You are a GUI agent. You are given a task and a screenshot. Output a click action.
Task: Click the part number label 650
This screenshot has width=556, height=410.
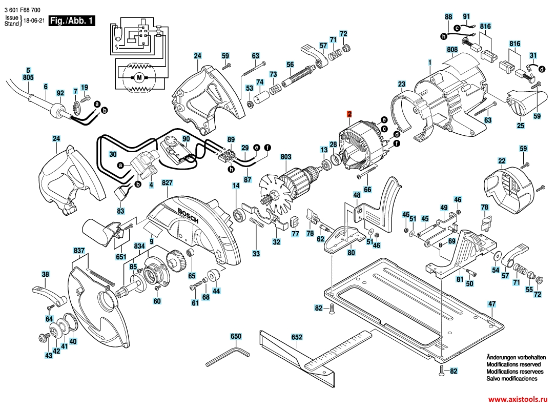236,337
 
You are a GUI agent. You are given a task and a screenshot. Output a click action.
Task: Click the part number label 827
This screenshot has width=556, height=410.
168,182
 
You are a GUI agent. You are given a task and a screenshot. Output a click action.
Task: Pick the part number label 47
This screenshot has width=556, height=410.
492,304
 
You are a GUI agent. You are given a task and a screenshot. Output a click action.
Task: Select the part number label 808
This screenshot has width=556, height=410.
452,50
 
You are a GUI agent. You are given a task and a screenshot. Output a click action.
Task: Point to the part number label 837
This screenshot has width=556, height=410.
79,251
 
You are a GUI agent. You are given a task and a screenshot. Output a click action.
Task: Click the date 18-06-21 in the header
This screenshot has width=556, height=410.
31,21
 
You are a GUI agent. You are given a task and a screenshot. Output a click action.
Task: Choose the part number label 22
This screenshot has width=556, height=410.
502,161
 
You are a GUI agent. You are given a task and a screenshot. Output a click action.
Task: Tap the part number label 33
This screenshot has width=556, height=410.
256,253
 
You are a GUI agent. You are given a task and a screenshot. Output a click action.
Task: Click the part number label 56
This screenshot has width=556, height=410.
290,65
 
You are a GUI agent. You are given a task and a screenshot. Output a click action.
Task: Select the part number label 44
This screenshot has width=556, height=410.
216,291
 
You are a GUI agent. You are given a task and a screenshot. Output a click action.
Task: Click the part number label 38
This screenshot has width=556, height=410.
45,274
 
